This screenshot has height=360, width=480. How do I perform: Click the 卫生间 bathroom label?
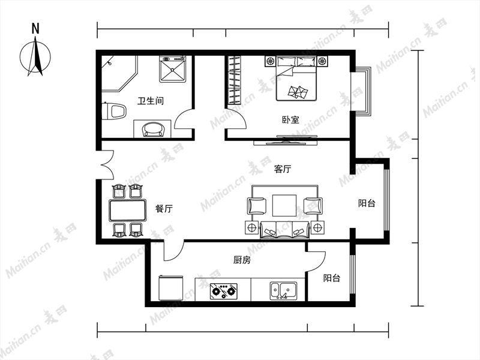[x=151, y=101]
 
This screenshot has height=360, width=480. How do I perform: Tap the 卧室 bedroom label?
[x=290, y=119]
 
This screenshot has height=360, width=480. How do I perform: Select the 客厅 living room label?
[x=283, y=169]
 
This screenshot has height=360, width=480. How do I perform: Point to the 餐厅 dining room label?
[x=164, y=209]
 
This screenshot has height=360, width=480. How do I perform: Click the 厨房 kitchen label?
[x=242, y=260]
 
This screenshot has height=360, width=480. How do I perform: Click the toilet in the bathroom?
[x=114, y=111]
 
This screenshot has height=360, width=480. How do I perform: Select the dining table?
[x=128, y=211]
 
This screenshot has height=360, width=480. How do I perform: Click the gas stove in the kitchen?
[x=224, y=291]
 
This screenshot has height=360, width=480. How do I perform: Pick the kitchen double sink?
[x=283, y=291]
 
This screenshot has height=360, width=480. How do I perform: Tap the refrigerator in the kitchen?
[x=171, y=289]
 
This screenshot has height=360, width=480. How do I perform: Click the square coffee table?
[x=284, y=205]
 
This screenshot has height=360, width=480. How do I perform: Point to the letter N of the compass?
[x=35, y=29]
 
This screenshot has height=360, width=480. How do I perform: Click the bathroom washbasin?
[x=153, y=129]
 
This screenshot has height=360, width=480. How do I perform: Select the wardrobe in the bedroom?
[x=235, y=80]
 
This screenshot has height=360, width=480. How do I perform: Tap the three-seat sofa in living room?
[x=284, y=230]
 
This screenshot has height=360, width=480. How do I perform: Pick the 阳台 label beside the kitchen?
[x=332, y=278]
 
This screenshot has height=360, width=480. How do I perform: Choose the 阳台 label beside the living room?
[x=367, y=203]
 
